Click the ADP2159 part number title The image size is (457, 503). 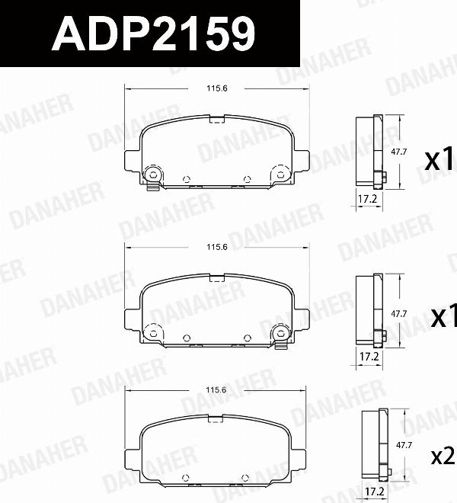coord(153,34)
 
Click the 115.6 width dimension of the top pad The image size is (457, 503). coord(217,88)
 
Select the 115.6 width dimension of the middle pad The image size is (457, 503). coord(217,247)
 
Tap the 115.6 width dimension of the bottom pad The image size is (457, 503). coord(216,389)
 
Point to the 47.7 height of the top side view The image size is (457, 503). coord(398,152)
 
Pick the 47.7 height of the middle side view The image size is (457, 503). coord(398,313)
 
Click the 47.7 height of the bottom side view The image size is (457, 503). coord(404,445)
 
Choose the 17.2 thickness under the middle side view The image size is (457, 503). coord(369,357)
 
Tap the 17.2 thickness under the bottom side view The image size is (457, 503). coord(375,491)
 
